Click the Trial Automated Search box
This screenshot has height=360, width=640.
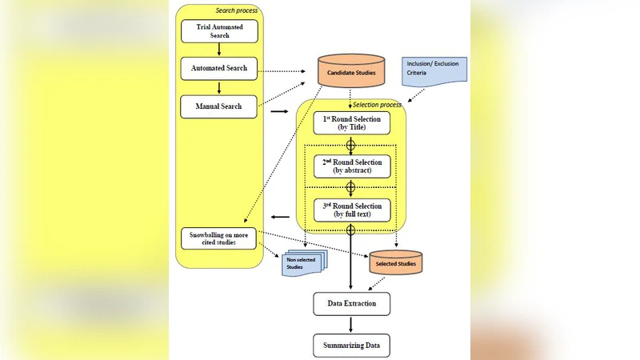point(219,32)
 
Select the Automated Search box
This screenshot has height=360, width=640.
point(219,69)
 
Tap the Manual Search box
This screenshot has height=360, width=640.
point(219,106)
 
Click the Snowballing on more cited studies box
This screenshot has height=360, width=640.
point(219,238)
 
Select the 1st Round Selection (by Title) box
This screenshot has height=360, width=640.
point(351,122)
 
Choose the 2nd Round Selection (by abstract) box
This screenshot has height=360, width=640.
point(351,166)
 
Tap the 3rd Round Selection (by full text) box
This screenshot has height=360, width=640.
point(351,210)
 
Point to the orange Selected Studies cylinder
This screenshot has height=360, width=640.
point(397,263)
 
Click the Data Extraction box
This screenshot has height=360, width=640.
point(351,304)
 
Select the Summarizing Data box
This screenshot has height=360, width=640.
point(351,346)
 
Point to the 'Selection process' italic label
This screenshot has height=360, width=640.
point(377,105)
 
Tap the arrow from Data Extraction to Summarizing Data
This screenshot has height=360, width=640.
point(351,324)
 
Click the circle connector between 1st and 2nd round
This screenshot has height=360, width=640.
point(350,145)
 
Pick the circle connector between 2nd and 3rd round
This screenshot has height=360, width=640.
point(350,188)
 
